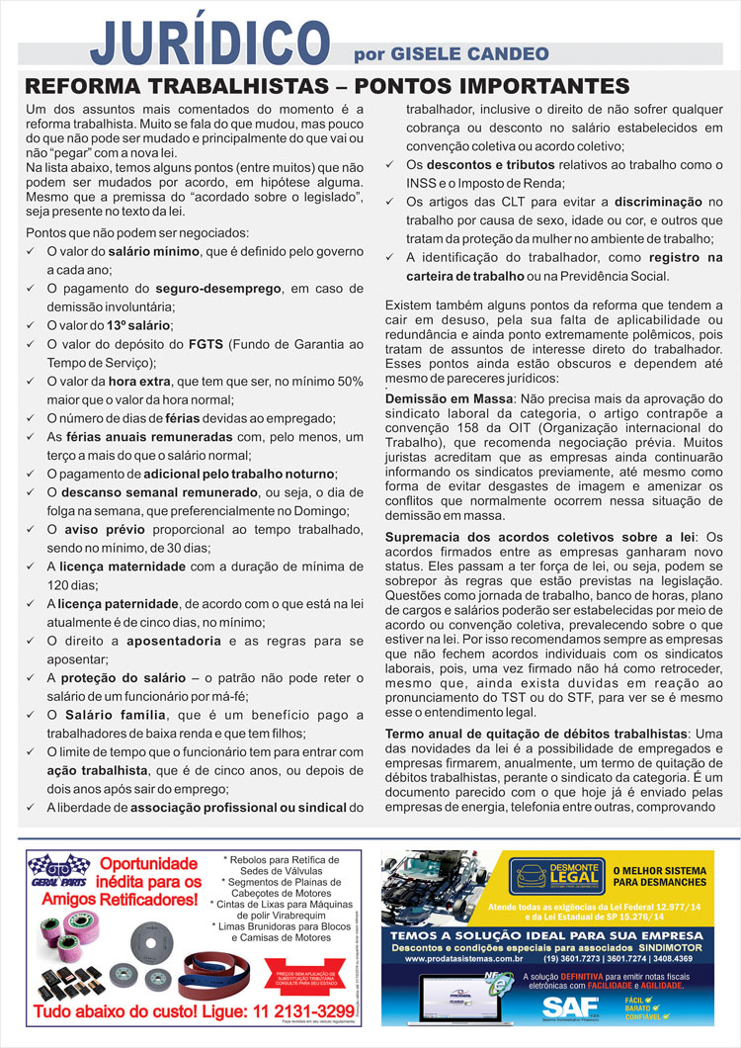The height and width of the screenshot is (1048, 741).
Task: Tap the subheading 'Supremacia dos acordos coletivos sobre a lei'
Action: (x=539, y=537)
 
